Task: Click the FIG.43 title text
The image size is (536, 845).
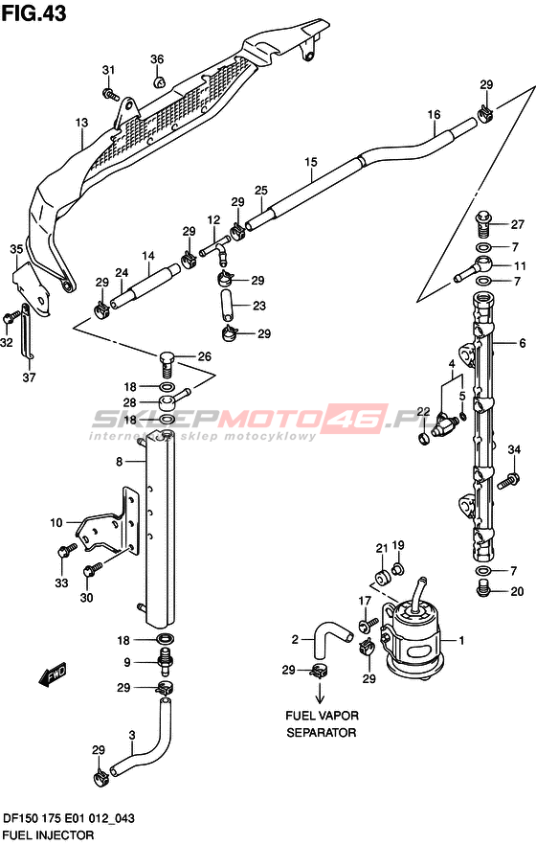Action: coord(33,13)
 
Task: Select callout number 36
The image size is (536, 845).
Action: coord(157,59)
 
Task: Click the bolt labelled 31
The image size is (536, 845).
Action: coord(110,94)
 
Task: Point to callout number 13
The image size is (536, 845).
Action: coord(81,124)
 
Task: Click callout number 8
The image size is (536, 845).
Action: coord(120,462)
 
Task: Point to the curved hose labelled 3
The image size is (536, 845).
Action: coord(141,740)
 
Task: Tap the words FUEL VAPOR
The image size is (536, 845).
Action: coord(322,716)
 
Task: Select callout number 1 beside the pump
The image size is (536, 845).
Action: coord(461,641)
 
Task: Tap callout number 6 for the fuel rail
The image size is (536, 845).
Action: coord(522,343)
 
